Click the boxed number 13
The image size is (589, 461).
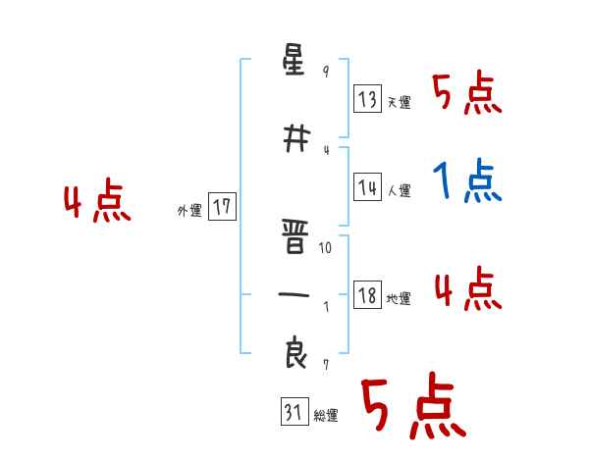(x=367, y=98)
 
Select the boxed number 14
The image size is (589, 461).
(x=367, y=188)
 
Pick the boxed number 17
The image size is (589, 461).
(x=222, y=207)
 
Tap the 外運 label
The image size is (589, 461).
(x=188, y=210)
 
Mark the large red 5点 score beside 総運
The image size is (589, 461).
(x=411, y=408)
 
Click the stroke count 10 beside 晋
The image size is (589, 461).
(x=326, y=248)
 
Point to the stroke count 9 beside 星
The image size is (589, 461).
(x=326, y=72)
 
